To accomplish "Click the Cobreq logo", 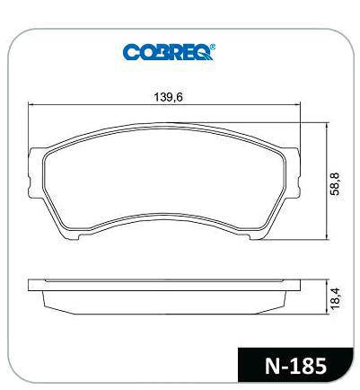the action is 169,52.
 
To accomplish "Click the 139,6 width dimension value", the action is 168,97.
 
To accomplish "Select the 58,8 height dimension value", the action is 335,184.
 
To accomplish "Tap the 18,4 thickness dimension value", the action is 335,298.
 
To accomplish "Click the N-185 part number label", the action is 295,366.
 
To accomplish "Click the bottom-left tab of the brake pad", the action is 72,236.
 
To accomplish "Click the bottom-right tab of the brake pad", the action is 257,236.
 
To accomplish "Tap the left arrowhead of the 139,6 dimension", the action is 30,104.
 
